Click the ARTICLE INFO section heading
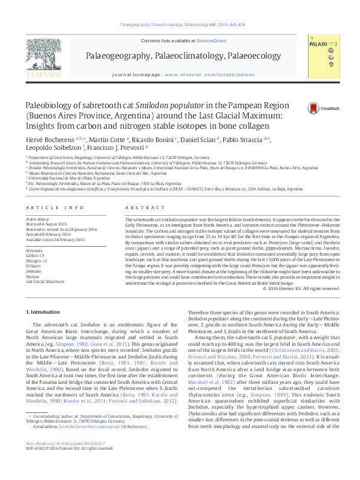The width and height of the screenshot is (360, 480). tap(46, 207)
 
